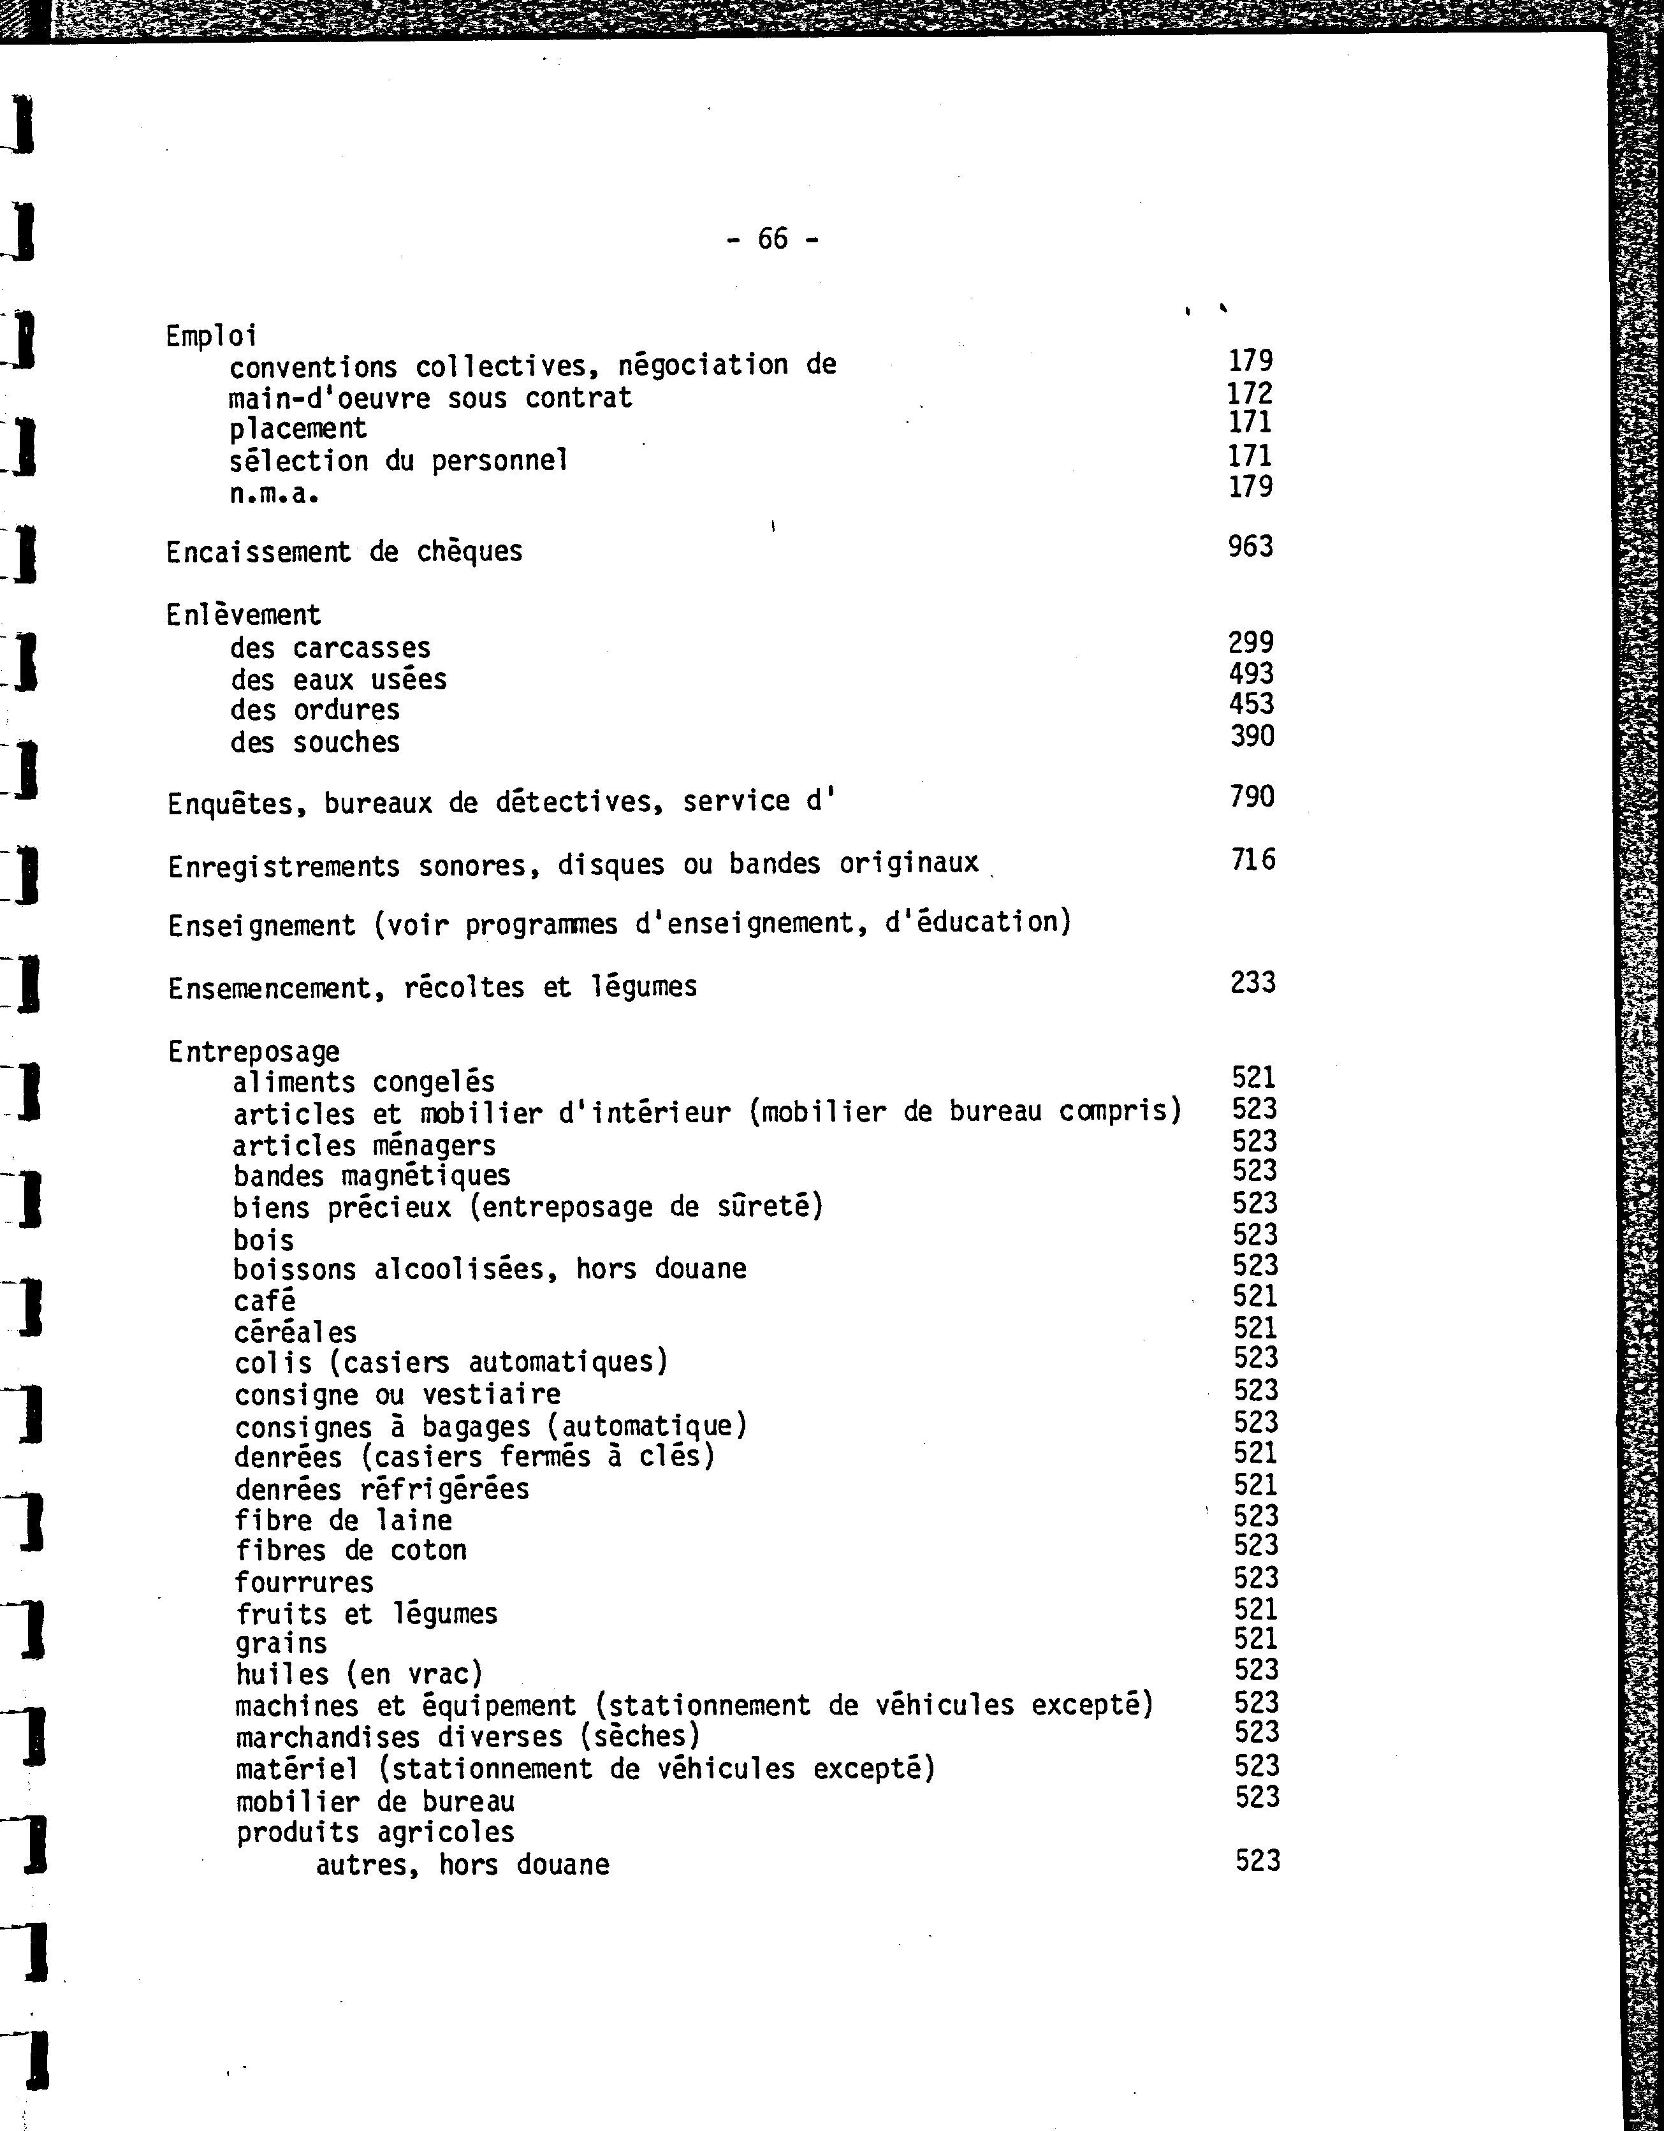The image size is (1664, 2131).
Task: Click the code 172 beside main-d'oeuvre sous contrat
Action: pyautogui.click(x=1250, y=393)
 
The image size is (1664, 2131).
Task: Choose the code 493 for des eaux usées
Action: pyautogui.click(x=1252, y=673)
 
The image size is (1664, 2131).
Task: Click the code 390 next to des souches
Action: pyautogui.click(x=1252, y=736)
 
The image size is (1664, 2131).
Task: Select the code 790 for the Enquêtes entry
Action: pyautogui.click(x=1252, y=797)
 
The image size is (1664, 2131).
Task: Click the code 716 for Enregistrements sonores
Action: pyautogui.click(x=1253, y=860)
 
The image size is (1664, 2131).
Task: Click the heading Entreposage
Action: pyautogui.click(x=254, y=1052)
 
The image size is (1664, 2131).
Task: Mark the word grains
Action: pyautogui.click(x=281, y=1644)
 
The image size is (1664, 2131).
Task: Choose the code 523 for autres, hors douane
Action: pyautogui.click(x=1257, y=1861)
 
